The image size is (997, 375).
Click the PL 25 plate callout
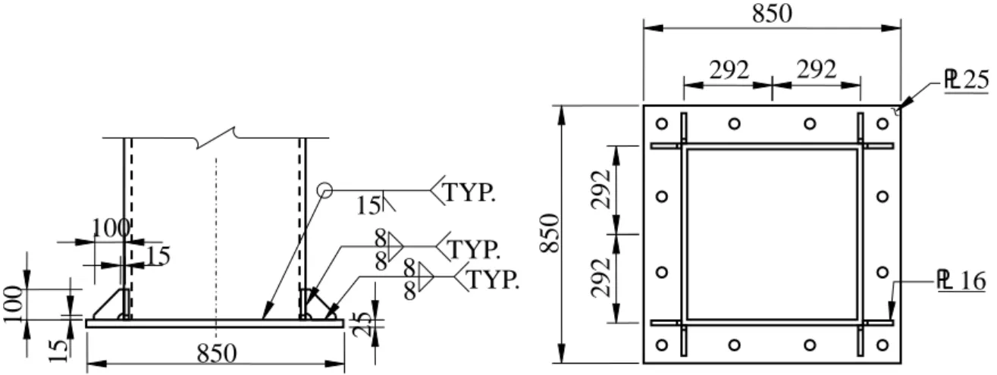(966, 80)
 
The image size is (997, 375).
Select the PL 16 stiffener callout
(961, 281)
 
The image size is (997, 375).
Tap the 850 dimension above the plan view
(773, 14)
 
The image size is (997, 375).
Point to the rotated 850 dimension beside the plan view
(549, 233)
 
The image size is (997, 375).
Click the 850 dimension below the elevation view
(217, 354)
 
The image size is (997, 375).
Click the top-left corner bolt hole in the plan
(662, 123)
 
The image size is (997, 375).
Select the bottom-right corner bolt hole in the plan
(883, 345)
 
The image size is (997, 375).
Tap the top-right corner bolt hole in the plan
(883, 123)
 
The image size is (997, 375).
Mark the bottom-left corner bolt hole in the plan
(662, 345)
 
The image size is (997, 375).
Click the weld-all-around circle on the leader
(324, 190)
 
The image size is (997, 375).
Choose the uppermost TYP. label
(469, 192)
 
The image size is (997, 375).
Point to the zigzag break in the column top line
(216, 137)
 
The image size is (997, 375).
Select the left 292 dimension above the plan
(729, 70)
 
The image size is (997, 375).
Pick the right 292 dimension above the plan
(817, 70)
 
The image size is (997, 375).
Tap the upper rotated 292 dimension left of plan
(601, 189)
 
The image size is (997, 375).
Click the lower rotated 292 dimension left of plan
(601, 277)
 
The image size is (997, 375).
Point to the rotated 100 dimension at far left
(13, 305)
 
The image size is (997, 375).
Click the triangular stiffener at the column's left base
(112, 305)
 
